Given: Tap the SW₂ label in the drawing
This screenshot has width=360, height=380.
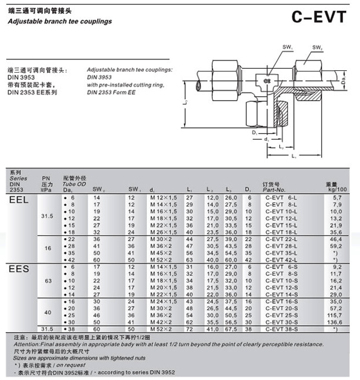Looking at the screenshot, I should point(317,48).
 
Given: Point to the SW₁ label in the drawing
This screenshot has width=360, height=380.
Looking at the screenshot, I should point(287,48).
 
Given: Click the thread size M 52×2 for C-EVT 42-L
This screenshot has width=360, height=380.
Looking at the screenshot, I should point(161,260).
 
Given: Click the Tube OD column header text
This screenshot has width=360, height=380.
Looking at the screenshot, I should point(75,184).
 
